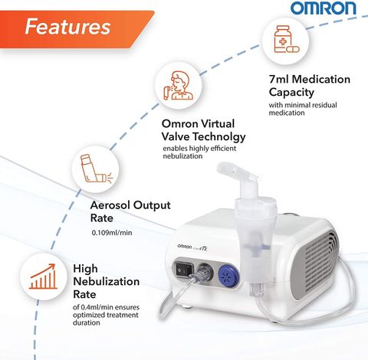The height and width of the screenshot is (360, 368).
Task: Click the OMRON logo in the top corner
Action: tap(324, 8)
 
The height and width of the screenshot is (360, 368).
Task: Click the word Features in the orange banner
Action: tap(67, 27)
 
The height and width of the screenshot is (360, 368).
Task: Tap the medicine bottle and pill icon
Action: tap(286, 39)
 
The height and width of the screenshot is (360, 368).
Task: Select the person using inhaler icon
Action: tap(179, 86)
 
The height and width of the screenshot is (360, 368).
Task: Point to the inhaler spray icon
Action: tap(97, 169)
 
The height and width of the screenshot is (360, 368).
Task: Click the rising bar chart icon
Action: tap(43, 277)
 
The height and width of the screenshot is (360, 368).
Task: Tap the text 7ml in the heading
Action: tap(279, 79)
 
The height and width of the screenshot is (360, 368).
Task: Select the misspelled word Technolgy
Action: tap(219, 137)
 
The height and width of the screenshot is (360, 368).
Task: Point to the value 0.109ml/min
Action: tap(112, 233)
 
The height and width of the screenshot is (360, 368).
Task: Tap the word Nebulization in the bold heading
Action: tap(107, 282)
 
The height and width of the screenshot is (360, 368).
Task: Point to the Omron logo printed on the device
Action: tap(185, 247)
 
